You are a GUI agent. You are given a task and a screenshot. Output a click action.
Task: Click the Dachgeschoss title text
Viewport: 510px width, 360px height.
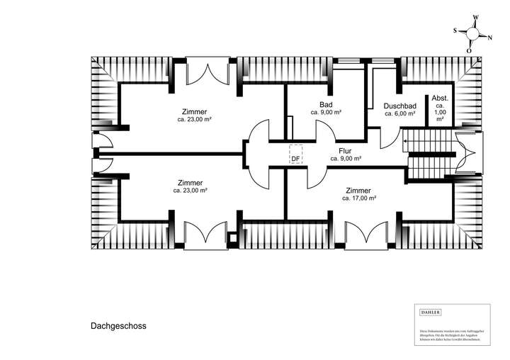click(118, 327)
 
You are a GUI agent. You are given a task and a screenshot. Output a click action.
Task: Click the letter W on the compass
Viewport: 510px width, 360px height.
click(476, 17)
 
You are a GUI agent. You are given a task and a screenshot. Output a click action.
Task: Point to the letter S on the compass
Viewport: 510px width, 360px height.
click(455, 31)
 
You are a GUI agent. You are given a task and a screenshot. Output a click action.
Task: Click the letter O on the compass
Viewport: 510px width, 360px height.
click(469, 51)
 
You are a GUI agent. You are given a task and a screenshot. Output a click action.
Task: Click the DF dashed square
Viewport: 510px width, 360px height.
click(295, 154)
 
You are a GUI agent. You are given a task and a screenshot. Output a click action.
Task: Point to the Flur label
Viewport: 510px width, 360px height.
click(345, 150)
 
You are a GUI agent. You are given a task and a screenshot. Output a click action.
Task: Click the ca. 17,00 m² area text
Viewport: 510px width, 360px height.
click(358, 199)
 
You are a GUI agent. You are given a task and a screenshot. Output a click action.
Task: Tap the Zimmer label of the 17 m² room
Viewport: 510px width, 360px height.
click(358, 191)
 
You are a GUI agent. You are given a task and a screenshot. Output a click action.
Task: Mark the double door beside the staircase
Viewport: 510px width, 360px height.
click(465, 155)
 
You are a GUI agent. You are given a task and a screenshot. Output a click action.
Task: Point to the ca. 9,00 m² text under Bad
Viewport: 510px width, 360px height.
click(326, 113)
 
